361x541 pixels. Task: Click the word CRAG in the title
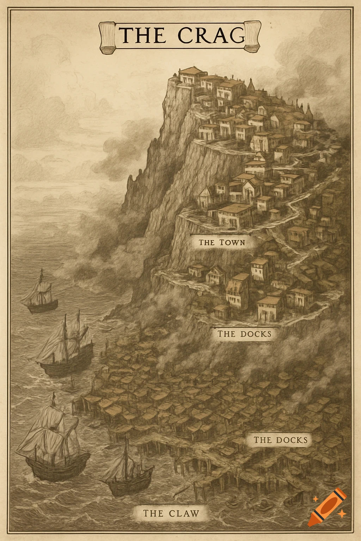click(211, 35)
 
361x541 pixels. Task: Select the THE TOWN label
click(221, 242)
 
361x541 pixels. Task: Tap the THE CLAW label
click(171, 513)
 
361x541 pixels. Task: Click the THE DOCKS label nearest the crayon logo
click(280, 440)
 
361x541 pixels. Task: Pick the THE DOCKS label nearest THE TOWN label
click(245, 334)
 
